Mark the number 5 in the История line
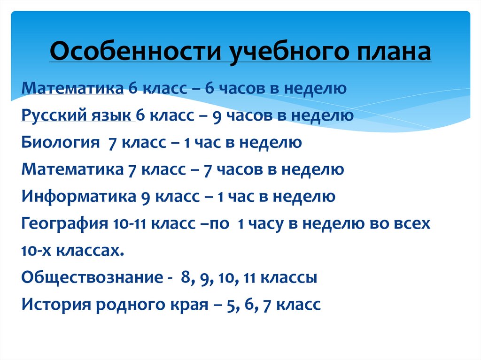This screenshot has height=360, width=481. pos(230,305)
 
